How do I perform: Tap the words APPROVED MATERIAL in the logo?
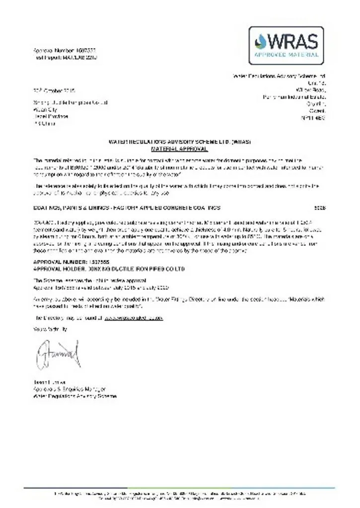point(286,55)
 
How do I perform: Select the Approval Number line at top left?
point(64,51)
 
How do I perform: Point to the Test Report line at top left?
point(64,58)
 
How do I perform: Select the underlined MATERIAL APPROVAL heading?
point(180,148)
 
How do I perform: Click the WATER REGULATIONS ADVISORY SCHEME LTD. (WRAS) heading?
point(180,142)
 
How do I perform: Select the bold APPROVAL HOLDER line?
point(109,268)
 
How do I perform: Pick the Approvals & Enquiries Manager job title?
point(70,389)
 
